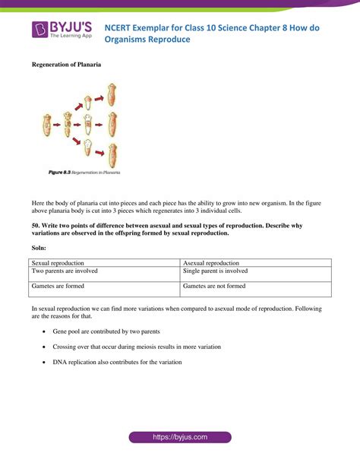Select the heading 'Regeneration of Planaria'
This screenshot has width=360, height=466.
point(66,65)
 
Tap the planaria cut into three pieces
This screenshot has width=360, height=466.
point(69,122)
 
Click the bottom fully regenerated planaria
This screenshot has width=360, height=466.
point(112,154)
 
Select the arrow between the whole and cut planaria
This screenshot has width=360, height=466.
point(58,122)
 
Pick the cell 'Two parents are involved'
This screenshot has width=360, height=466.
point(65,271)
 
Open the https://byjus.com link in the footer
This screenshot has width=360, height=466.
point(180,438)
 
